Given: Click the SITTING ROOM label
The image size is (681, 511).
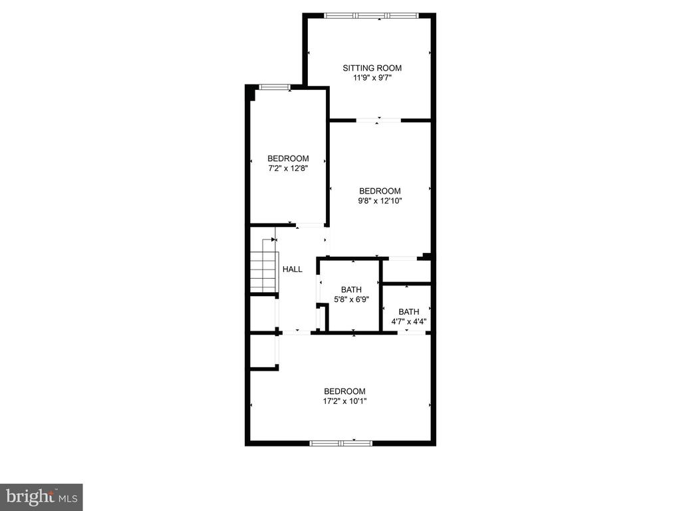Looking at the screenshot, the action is tap(372, 68).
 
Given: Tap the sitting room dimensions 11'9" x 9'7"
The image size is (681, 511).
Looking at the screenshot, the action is tap(372, 78).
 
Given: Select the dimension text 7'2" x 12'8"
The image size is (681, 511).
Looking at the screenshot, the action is tap(288, 168).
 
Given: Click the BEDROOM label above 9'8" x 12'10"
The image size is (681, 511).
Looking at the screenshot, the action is tap(380, 191).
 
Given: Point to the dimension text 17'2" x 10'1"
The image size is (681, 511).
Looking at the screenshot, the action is tap(344, 401).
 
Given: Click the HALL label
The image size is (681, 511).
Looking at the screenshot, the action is tap(293, 269).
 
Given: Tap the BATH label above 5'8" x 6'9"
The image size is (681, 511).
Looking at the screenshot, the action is tap(351, 289).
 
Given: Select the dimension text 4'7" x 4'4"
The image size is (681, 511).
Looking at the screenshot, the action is tap(409, 322).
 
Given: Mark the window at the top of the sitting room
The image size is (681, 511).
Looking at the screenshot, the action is tap(371, 16).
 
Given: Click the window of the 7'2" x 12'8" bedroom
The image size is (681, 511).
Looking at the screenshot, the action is tap(274, 87).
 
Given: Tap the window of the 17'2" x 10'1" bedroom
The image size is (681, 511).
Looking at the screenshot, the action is tap(341, 443).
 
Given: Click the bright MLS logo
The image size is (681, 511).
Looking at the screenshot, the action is tap(41, 497).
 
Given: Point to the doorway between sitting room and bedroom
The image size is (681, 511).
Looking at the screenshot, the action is tap(378, 120).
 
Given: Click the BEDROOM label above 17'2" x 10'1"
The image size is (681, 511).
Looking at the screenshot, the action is tap(344, 391).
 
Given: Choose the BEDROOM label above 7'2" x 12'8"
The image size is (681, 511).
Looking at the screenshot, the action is tap(288, 158).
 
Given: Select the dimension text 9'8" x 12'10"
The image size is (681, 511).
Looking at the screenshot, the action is tap(380, 201).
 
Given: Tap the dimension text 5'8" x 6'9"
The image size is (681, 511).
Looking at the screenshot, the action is tap(351, 299).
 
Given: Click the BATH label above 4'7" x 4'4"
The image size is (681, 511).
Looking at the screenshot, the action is tap(409, 311).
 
